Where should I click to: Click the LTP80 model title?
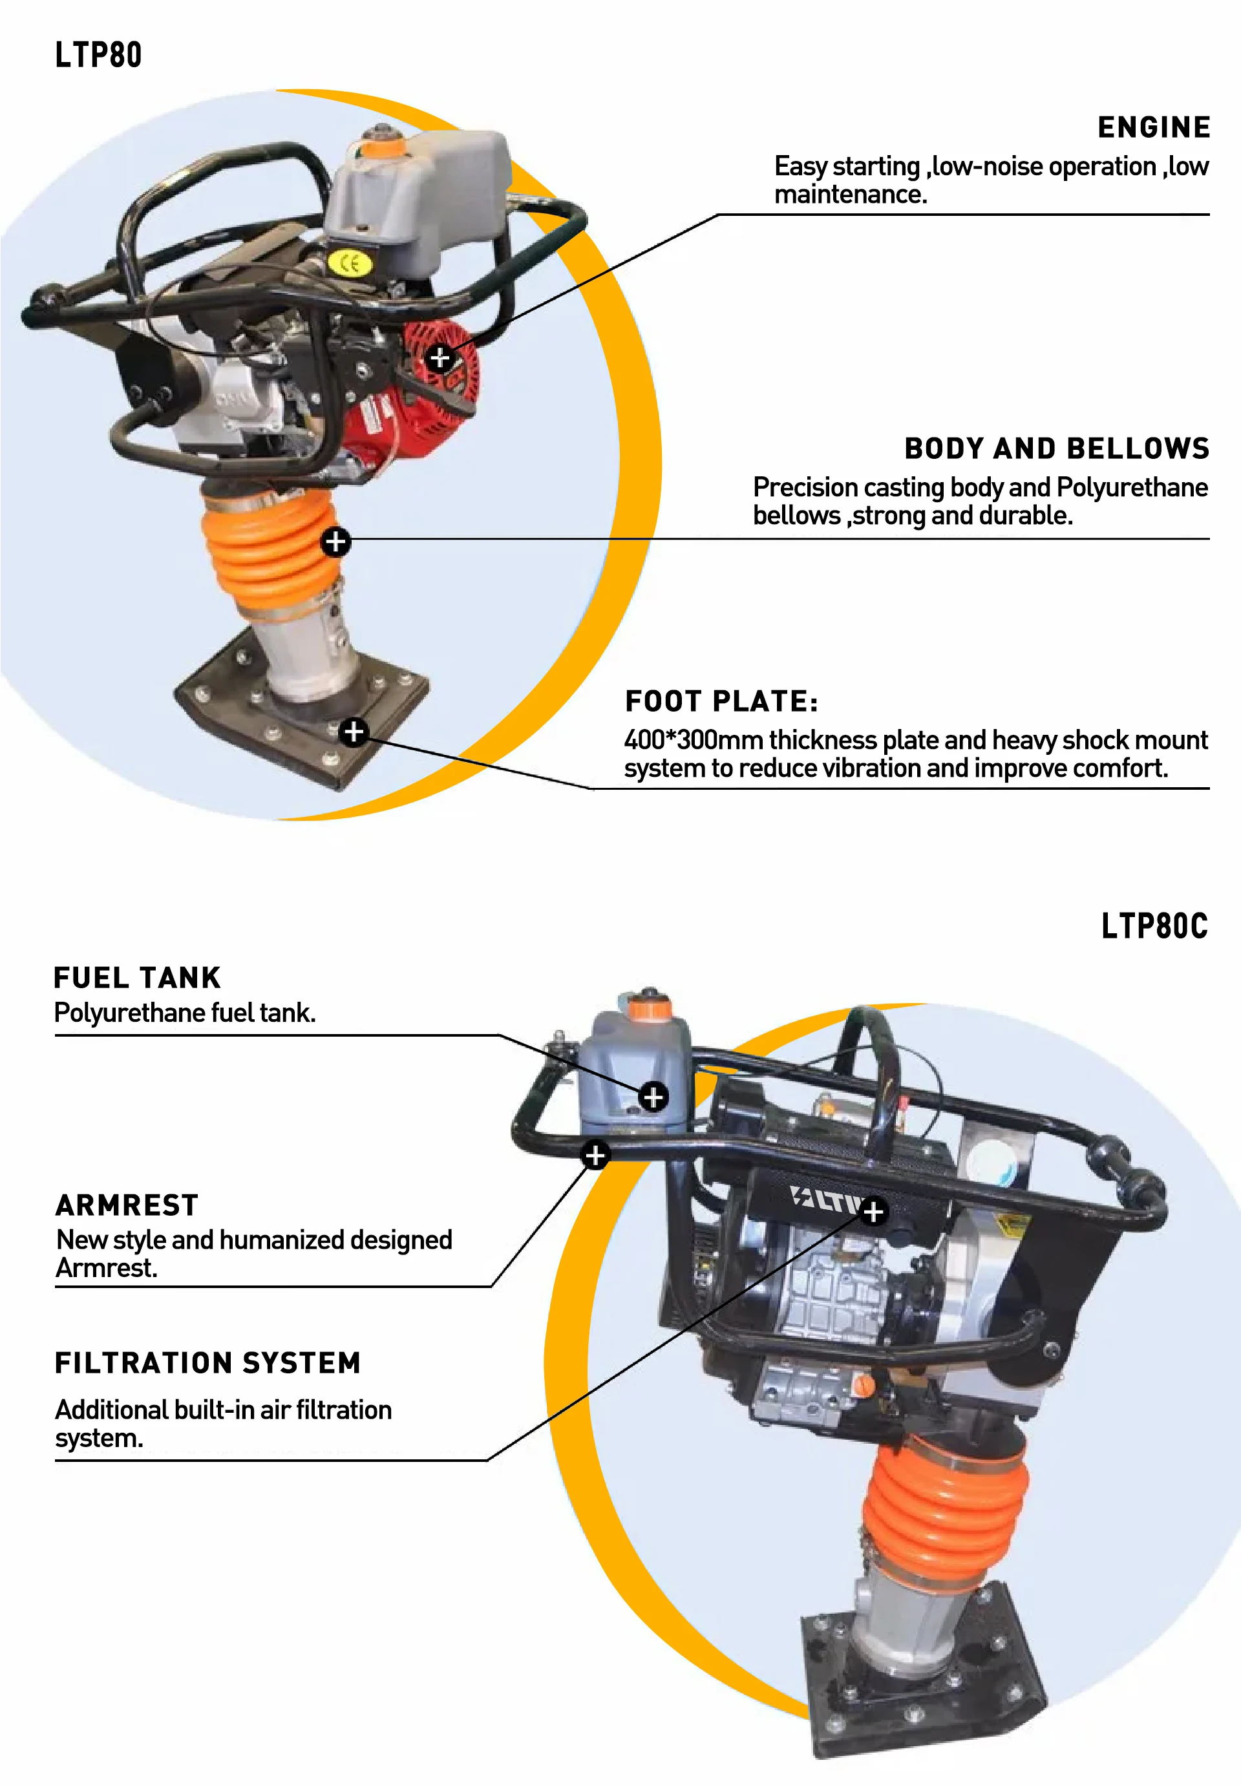pos(98,55)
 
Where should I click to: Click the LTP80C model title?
pos(1154,925)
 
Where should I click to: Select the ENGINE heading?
pos(1153,127)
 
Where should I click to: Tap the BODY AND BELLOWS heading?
pos(1056,449)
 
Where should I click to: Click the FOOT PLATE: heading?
pos(721,701)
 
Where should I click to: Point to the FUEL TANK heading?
pos(138,978)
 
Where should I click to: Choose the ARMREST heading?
pos(127,1205)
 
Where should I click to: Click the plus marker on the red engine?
pos(440,357)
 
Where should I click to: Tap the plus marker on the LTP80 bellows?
pos(335,541)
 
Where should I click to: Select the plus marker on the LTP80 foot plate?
pos(354,732)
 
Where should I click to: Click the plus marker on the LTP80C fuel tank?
pos(653,1097)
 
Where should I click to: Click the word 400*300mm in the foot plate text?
pos(692,740)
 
